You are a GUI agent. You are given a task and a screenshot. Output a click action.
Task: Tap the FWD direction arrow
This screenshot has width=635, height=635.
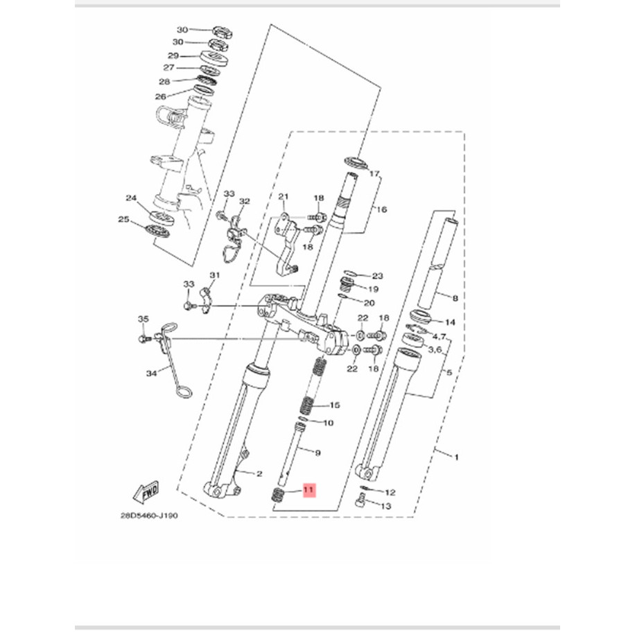pyautogui.click(x=147, y=492)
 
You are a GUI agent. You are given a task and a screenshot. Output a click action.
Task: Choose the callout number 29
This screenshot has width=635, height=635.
pyautogui.click(x=173, y=55)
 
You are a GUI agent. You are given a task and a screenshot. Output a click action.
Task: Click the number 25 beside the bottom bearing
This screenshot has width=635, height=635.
pyautogui.click(x=124, y=220)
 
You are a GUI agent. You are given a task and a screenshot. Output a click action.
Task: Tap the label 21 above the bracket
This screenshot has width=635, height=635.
pyautogui.click(x=283, y=198)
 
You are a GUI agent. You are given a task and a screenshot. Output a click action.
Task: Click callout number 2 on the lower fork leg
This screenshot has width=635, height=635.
pyautogui.click(x=259, y=474)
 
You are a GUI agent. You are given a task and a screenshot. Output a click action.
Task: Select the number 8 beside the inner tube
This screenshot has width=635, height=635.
pyautogui.click(x=455, y=299)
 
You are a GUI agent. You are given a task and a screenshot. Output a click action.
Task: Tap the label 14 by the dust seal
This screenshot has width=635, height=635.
pyautogui.click(x=450, y=322)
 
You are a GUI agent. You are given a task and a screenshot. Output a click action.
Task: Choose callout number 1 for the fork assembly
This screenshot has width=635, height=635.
pyautogui.click(x=456, y=457)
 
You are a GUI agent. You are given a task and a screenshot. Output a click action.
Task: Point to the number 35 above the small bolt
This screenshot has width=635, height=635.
pyautogui.click(x=143, y=319)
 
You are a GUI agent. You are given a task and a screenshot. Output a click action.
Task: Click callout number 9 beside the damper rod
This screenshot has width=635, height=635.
pyautogui.click(x=317, y=453)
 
